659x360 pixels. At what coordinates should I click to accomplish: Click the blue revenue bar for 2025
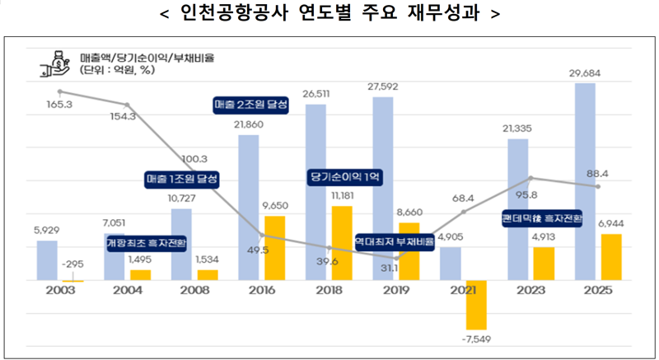pyautogui.click(x=584, y=181)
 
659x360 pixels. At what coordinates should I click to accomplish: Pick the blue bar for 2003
pyautogui.click(x=47, y=259)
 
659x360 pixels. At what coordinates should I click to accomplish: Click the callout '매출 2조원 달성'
pyautogui.click(x=251, y=105)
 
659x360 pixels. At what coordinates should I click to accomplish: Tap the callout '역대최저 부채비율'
pyautogui.click(x=395, y=241)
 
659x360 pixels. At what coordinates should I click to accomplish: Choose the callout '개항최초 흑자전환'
pyautogui.click(x=147, y=244)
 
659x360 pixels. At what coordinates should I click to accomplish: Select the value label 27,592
pyautogui.click(x=384, y=86)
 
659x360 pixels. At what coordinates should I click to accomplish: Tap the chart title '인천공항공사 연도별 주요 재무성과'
pyautogui.click(x=329, y=15)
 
